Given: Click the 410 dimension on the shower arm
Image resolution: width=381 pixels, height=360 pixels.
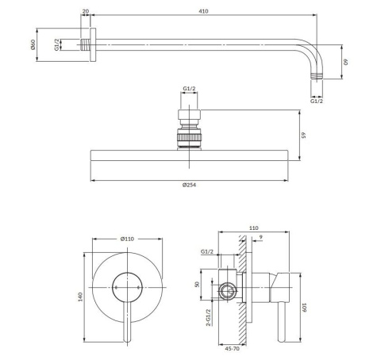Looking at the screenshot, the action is point(203,11).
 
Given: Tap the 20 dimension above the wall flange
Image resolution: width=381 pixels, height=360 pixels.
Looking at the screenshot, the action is point(86,11).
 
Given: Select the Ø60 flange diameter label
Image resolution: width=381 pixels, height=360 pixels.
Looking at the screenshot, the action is point(33,44).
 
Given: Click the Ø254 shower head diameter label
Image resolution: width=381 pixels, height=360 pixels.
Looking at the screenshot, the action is point(189,185).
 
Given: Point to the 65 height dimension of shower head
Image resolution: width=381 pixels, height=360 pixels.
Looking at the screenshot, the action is point(303,135).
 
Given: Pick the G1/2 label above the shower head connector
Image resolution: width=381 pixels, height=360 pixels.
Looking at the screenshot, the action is point(189,89).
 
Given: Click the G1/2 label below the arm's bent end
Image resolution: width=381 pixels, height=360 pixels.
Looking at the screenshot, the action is point(317,101).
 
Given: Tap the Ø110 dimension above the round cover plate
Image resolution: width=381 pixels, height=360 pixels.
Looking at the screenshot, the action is point(127,239).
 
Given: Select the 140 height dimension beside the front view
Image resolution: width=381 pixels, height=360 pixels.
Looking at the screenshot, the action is point(80,297).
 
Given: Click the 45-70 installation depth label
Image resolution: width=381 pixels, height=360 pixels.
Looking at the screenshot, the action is point(233,349).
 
